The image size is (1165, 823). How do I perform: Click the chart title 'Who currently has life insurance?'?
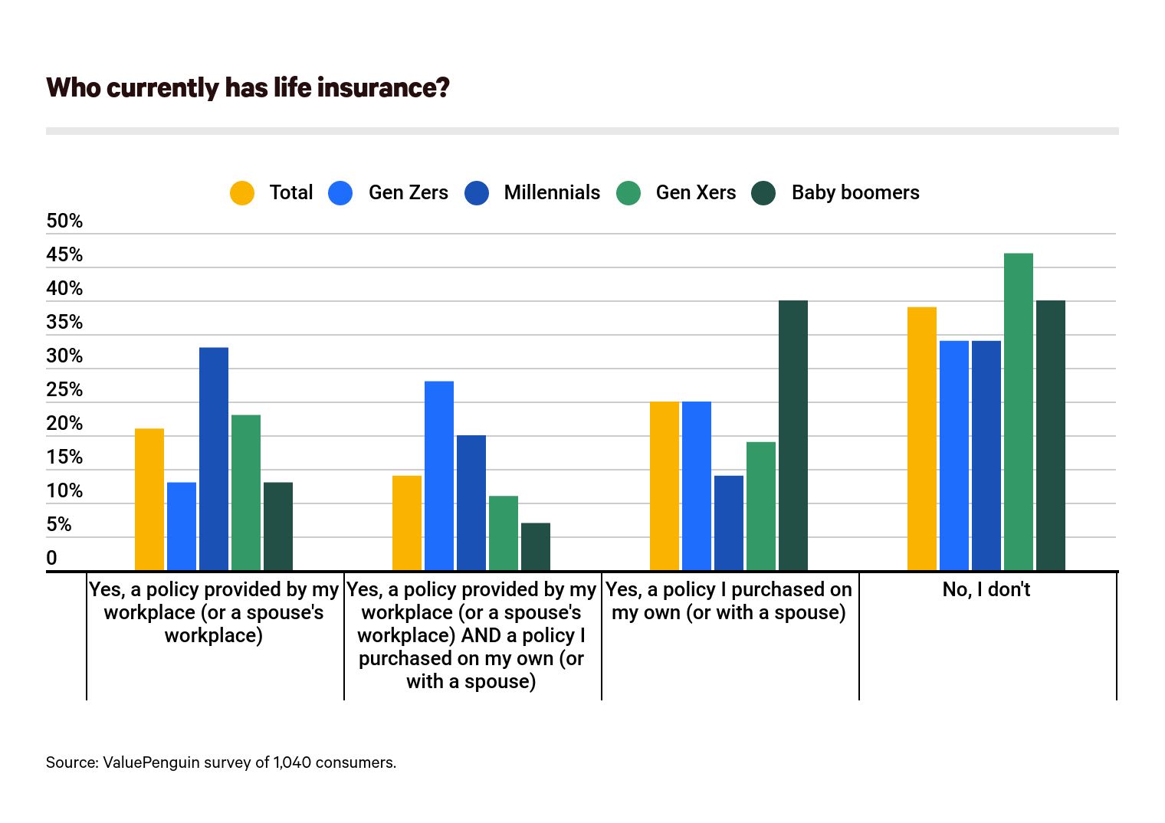click(248, 87)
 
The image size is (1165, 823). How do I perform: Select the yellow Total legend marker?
click(242, 193)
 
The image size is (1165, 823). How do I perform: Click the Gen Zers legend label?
click(408, 192)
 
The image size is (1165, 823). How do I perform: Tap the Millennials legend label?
click(552, 192)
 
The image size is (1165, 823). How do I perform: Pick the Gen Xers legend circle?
click(628, 193)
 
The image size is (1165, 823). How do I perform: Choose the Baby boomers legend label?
click(855, 192)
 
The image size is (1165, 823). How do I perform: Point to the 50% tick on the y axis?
click(64, 221)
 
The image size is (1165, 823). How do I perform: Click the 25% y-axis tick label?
click(64, 390)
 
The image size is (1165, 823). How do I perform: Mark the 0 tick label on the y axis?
click(51, 559)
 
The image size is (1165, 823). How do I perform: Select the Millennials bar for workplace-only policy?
click(214, 459)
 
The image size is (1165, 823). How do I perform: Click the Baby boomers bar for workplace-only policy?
click(278, 526)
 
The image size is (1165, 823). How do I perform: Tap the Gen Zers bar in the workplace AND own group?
click(439, 476)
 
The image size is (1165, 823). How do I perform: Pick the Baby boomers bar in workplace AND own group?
click(536, 546)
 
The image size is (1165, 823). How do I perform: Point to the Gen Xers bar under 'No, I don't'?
click(1019, 411)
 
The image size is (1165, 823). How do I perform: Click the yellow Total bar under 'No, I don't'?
click(922, 438)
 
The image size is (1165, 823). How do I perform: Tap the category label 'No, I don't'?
click(986, 589)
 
